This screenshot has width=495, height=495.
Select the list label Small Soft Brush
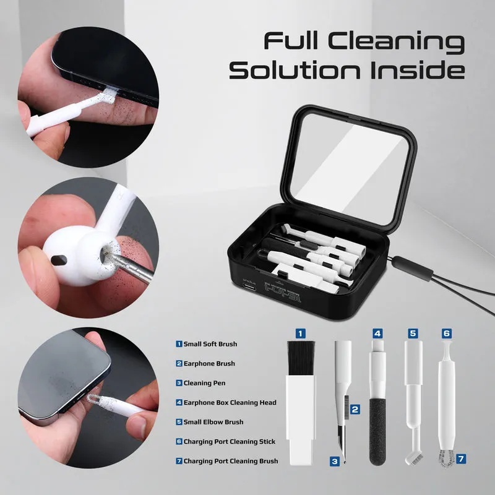210,344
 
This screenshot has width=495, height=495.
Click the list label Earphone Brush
209,364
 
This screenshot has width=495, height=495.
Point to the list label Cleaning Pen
205,383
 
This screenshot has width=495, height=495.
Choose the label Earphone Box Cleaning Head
230,403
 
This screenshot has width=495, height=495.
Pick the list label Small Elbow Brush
213,422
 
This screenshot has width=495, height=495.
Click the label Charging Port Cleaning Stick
229,442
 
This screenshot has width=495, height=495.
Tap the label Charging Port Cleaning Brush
230,461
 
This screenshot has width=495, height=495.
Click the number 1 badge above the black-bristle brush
300,333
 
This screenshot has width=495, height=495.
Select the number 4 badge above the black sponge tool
377,333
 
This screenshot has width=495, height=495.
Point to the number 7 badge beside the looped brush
461,459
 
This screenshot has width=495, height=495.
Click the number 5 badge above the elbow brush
413,333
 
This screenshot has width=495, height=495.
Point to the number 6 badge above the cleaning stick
446,333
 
